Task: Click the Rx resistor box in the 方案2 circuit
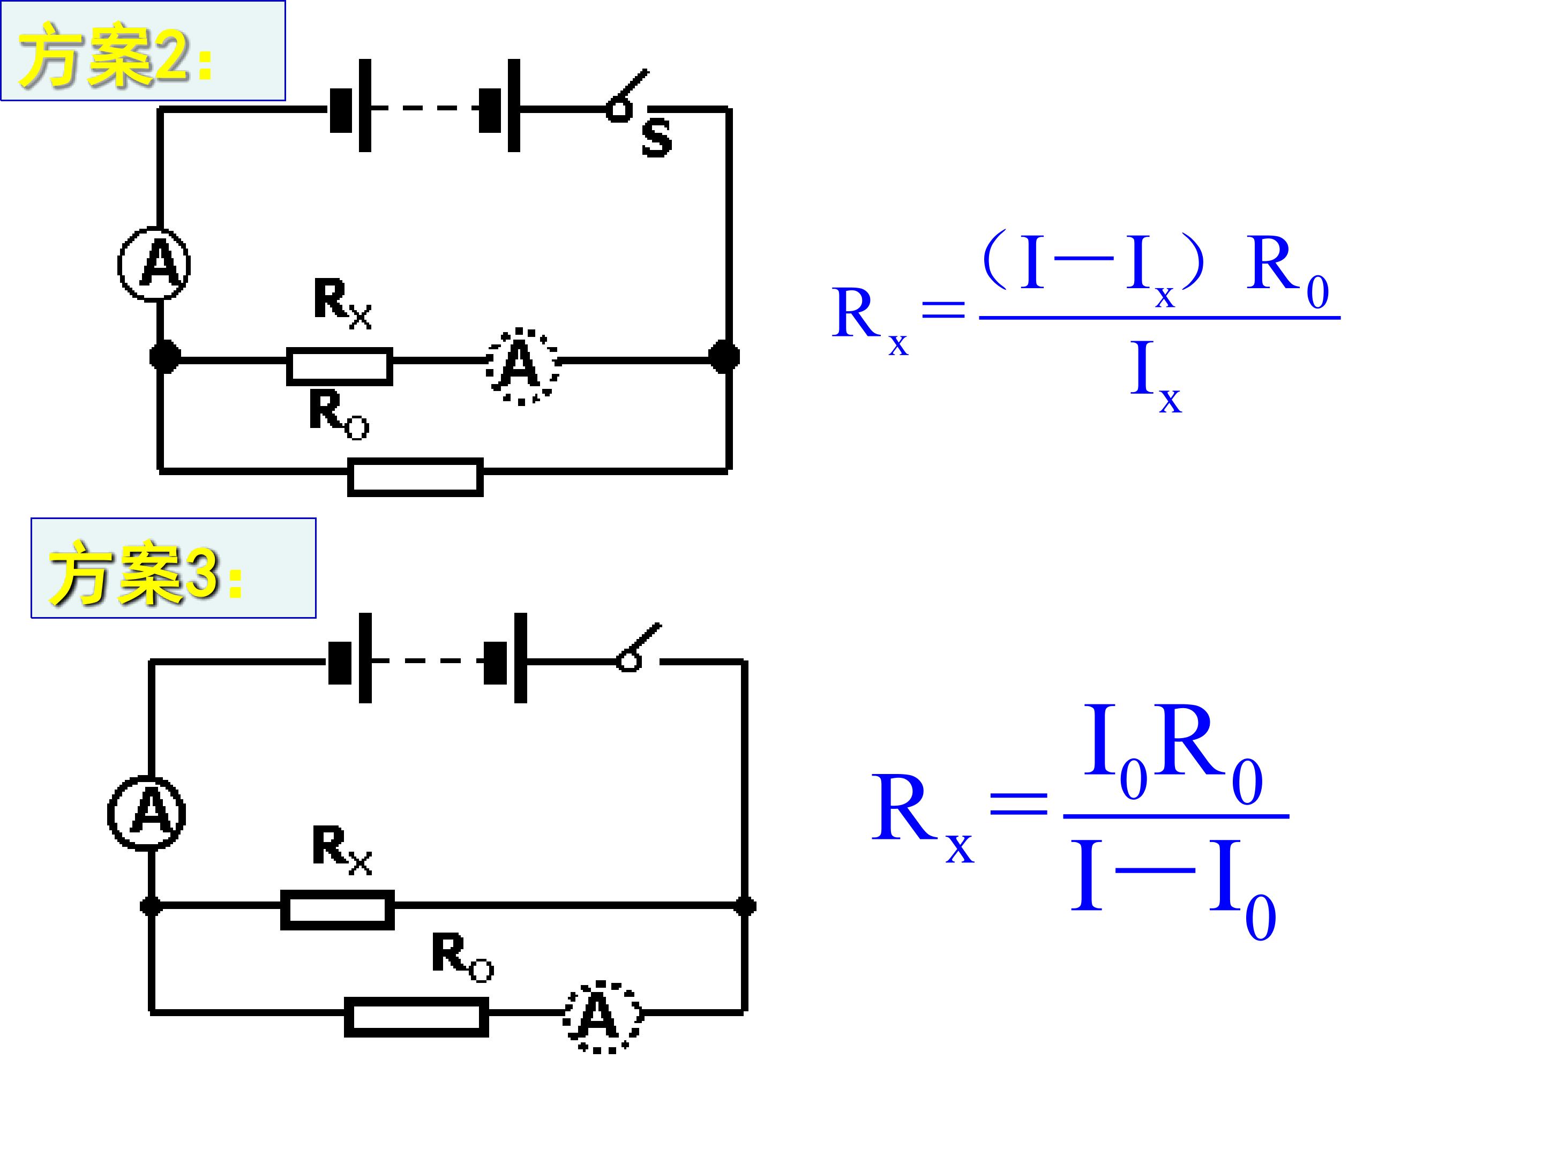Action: coord(340,366)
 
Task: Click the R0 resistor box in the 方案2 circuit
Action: coord(416,477)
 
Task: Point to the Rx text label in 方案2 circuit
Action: coord(342,303)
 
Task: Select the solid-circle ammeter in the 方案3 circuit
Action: coord(146,813)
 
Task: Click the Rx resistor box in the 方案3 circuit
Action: coord(338,910)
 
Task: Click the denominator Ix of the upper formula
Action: coord(1156,377)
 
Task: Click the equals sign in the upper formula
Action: coord(944,309)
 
